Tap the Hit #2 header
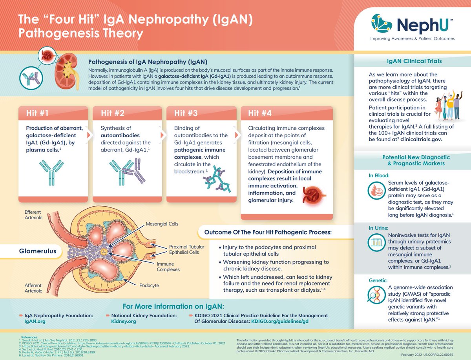coord(113,113)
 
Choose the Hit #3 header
coord(186,113)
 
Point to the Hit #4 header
coord(259,113)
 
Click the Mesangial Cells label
coord(162,224)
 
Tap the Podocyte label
coord(149,285)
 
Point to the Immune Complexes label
coord(168,267)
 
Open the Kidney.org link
coord(124,321)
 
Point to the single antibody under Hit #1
coord(51,171)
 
